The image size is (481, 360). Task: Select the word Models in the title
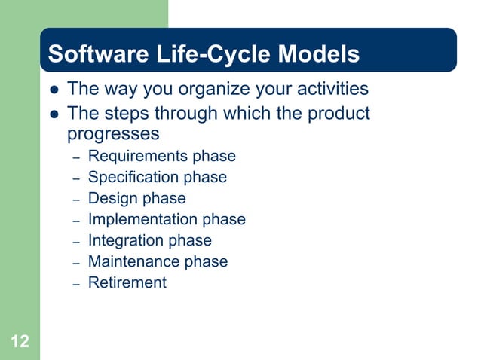coord(320,55)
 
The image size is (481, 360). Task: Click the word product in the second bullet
coord(337,114)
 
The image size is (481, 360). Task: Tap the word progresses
coord(113,134)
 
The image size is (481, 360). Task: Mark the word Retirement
coord(127,283)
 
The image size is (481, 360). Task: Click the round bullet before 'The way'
coord(53,90)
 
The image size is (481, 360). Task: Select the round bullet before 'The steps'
coord(53,114)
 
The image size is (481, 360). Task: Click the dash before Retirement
coord(76,285)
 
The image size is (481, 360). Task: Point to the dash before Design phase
coord(76,200)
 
